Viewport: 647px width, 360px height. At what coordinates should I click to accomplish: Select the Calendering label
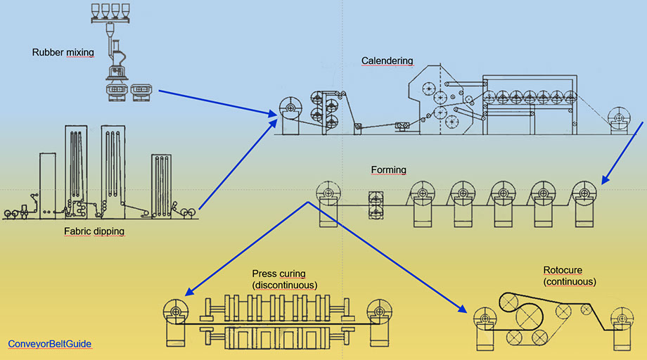tap(387, 61)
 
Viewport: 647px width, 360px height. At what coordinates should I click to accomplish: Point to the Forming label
tap(388, 170)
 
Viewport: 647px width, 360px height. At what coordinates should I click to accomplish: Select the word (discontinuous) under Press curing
tap(284, 285)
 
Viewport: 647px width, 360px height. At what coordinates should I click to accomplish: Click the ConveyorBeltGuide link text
tap(50, 344)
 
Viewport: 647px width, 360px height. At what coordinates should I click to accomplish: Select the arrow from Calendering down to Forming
tap(622, 153)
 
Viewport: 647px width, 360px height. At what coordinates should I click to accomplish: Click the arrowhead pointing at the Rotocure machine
tap(461, 309)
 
